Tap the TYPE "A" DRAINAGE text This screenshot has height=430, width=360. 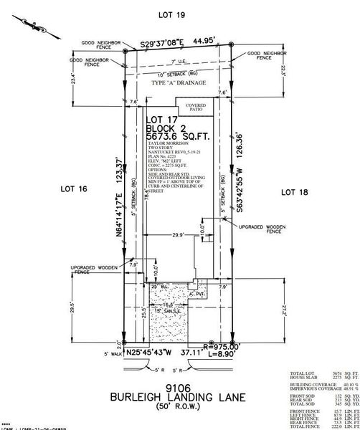pyautogui.click(x=178, y=84)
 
